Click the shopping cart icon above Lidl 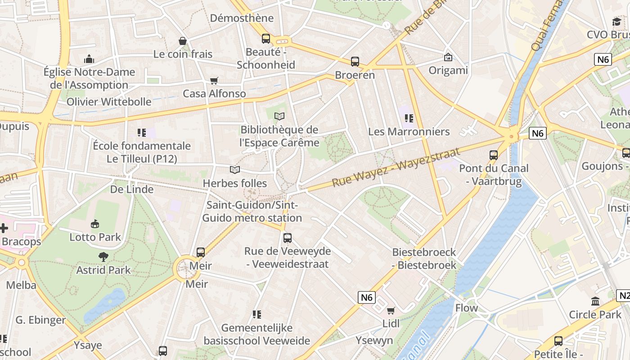coord(391,310)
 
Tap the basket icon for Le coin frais coord(183,41)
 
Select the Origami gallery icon coord(448,57)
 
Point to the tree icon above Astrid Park coord(103,257)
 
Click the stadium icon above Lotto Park coord(95,224)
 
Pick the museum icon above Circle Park coord(595,301)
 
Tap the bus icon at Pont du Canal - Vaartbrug coord(494,155)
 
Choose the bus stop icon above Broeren coord(355,62)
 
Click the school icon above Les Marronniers coord(409,118)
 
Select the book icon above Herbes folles coord(235,170)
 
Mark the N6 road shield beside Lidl coord(367,297)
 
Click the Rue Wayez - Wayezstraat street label coord(396,167)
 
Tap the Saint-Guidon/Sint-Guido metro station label coord(252,211)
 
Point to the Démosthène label coord(242,18)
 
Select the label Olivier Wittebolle coord(109,102)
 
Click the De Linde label coord(132,189)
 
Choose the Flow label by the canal coord(466,308)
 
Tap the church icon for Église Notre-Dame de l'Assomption coord(89,59)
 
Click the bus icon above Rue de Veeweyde coord(288,238)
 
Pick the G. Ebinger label coord(40,320)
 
